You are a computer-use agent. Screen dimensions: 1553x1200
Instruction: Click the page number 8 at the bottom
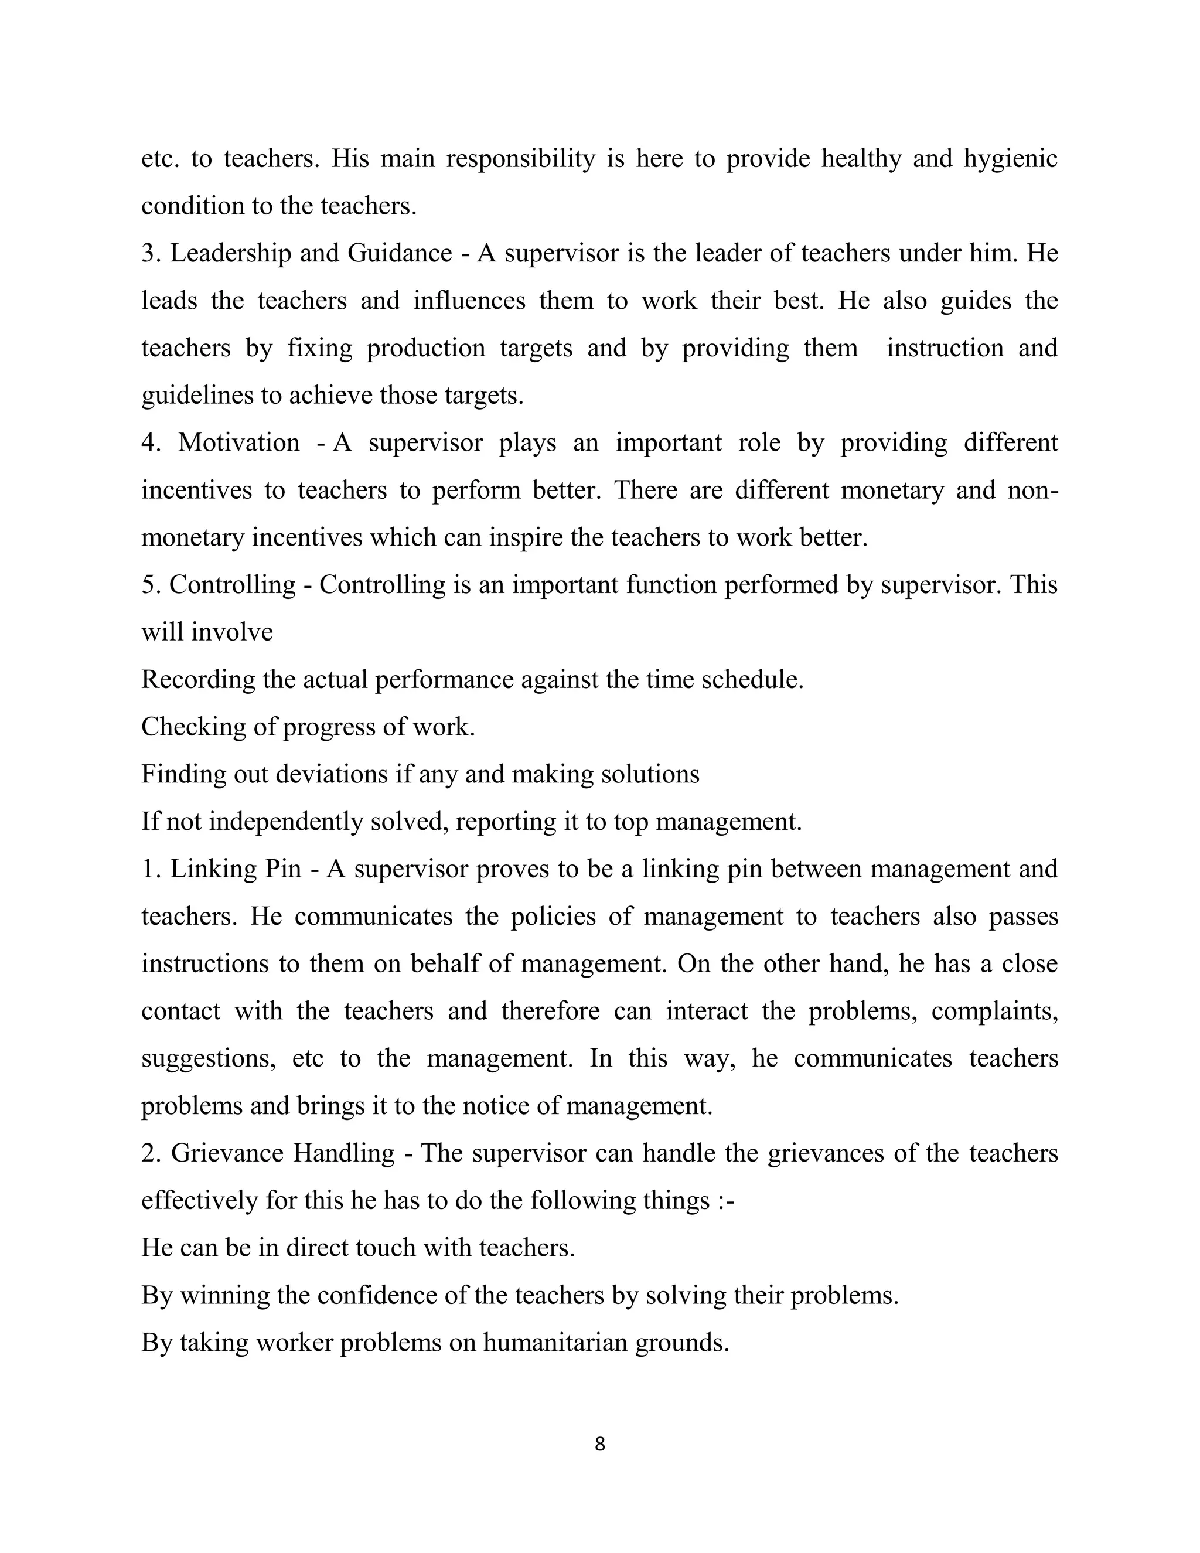click(599, 1444)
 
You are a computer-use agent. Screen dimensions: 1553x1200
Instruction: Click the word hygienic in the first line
click(1010, 159)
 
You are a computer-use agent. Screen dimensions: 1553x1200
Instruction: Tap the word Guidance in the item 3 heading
click(400, 253)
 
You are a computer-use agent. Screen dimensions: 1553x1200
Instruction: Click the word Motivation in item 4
click(239, 442)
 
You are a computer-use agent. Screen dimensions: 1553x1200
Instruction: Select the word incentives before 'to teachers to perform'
click(196, 490)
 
